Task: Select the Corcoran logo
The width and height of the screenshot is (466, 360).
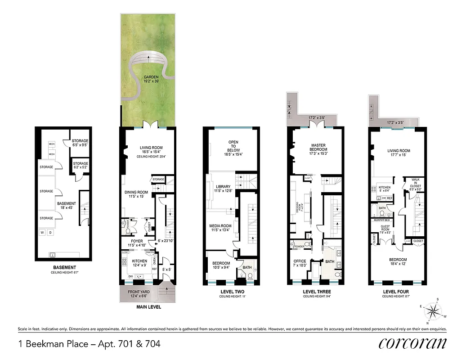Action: point(412,343)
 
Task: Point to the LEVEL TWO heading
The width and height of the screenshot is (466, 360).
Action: point(231,292)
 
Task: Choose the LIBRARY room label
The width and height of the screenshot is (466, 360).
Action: point(223,187)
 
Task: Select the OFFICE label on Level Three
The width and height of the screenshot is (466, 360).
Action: point(300,261)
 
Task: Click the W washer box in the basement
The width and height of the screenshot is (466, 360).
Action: point(42,233)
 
